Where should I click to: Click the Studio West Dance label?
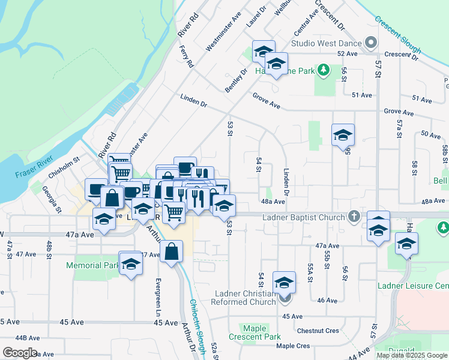(x=327, y=43)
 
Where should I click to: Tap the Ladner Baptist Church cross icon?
(x=354, y=216)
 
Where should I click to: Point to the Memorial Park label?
(x=92, y=265)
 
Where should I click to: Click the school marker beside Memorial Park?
(x=130, y=265)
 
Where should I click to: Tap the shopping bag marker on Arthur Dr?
(x=172, y=252)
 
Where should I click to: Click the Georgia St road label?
(x=52, y=199)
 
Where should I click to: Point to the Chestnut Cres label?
(x=318, y=331)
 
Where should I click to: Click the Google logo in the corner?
(x=19, y=353)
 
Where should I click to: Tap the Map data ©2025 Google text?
(x=411, y=355)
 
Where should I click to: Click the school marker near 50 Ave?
(x=343, y=135)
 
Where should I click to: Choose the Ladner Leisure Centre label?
(x=413, y=286)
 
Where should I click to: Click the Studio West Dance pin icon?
(x=371, y=43)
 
